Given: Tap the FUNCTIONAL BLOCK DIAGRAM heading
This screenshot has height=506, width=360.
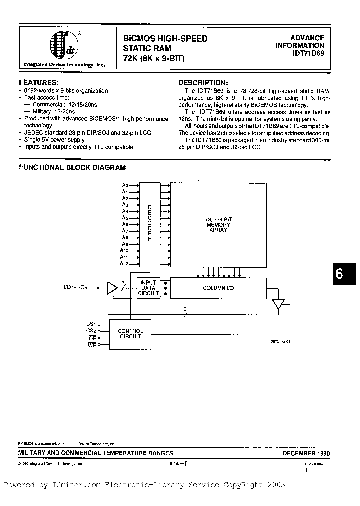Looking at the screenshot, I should tap(72, 168).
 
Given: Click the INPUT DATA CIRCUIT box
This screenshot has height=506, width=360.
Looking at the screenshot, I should tap(149, 288).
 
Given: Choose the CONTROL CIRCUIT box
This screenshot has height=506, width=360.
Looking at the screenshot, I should tap(130, 334).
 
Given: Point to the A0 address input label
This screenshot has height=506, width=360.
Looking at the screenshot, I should tap(125, 185).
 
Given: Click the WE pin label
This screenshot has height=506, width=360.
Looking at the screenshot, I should tap(91, 345).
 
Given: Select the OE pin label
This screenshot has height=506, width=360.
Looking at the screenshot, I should tap(91, 338).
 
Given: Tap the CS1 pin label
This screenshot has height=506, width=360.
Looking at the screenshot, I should tap(91, 324).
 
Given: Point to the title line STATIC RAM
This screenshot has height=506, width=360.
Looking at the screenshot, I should tap(147, 49).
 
